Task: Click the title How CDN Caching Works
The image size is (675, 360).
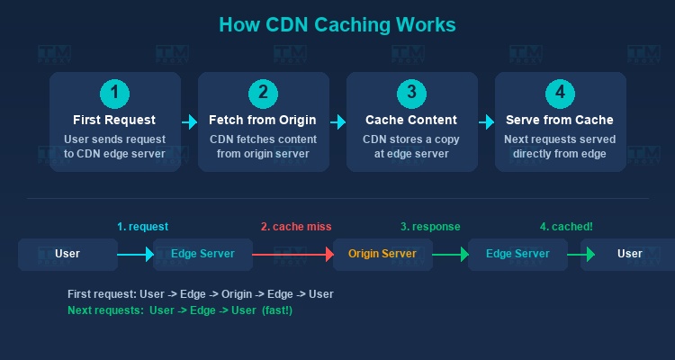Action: coord(337,24)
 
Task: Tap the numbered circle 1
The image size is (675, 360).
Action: coord(114,93)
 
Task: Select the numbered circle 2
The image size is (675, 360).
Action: coord(263,93)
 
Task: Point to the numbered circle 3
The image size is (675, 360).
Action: coord(411,93)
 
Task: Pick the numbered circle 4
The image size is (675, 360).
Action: coord(560,93)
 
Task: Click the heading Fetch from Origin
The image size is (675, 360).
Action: coord(263,120)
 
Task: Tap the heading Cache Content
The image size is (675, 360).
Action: coord(411,120)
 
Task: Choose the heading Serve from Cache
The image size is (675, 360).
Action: coord(560,120)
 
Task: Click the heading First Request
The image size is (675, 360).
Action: coord(114,120)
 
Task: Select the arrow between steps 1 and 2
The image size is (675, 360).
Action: coord(189,121)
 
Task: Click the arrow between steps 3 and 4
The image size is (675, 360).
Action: coord(486,121)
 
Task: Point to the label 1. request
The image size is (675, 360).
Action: coord(142,227)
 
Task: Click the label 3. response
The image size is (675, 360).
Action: coord(430,227)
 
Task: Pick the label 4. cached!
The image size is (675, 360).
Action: coord(566,227)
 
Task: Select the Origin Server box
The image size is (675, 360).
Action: coord(382,254)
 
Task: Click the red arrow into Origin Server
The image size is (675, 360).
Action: coord(292,255)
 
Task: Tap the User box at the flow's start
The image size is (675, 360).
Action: coord(67,254)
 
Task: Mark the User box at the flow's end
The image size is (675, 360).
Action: coord(629,254)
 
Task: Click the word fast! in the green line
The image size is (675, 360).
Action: coord(274,310)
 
